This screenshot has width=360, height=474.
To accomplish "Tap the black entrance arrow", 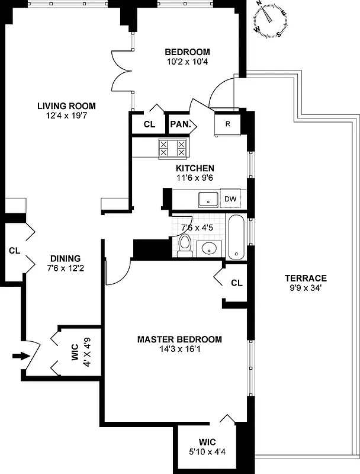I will click(20, 356).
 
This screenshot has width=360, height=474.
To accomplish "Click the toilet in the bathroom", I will click(185, 245).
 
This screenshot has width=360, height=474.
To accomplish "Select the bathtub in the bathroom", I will click(235, 238).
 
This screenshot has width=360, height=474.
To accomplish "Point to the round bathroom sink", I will click(208, 248).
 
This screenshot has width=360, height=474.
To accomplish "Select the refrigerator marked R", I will click(227, 124).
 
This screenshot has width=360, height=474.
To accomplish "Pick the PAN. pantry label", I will click(179, 124).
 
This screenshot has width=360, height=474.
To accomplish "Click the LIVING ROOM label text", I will click(66, 106).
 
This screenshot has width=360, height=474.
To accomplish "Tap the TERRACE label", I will click(305, 278).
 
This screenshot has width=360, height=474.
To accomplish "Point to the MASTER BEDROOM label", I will click(179, 340).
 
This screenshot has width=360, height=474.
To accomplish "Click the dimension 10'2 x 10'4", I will click(187, 60).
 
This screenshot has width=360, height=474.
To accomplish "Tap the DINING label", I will click(65, 258).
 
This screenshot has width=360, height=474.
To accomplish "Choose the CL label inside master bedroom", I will click(237, 283).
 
